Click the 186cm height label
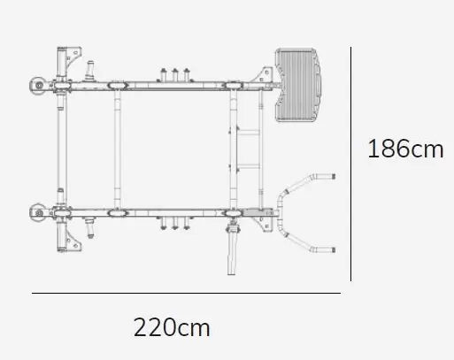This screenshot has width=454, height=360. pos(405,149)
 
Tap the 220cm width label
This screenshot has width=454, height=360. pos(172,327)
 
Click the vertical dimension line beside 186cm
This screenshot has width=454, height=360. pos(350,164)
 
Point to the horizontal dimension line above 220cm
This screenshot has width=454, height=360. pos(186,293)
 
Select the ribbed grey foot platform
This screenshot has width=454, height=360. pos(298,85)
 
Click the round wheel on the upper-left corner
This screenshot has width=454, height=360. pos(38,86)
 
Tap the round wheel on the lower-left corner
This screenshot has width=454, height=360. pos(38,212)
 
